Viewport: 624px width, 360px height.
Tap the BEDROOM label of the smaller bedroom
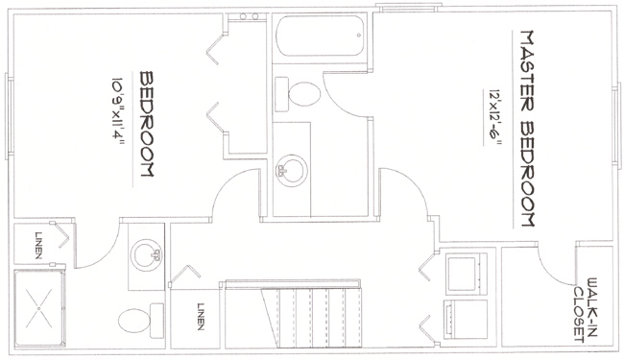[x=149, y=122]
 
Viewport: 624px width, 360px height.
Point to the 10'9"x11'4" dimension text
[x=117, y=114]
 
